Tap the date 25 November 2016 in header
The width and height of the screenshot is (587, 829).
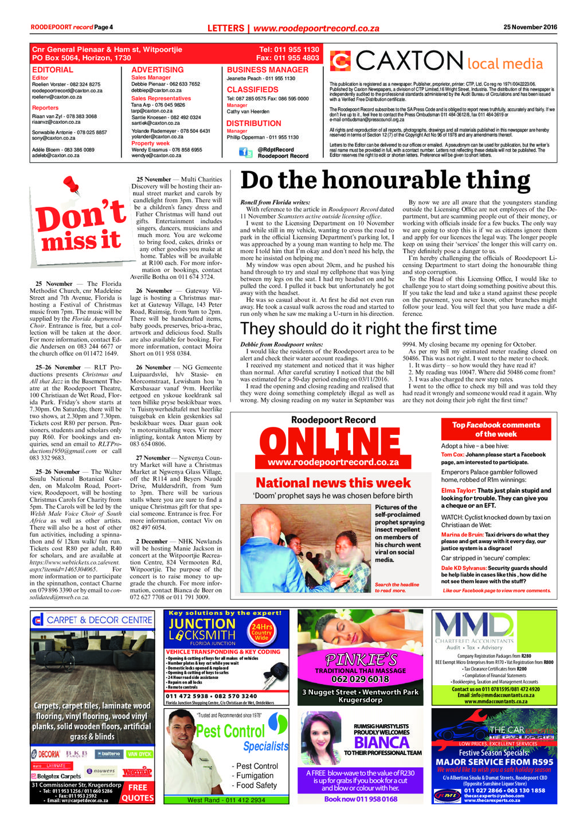tap(530, 27)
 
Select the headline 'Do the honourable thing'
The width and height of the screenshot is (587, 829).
tap(385, 180)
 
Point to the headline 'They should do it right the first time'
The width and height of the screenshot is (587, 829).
tap(368, 329)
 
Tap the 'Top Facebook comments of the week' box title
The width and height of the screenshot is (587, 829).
tap(496, 429)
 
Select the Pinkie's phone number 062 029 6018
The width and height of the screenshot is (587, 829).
tap(360, 679)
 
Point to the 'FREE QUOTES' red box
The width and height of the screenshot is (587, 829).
tap(138, 792)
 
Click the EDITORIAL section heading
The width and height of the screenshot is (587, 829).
tap(53, 70)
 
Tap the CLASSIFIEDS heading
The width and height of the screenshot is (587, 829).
tap(252, 90)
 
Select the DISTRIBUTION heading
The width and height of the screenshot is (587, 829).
tap(253, 123)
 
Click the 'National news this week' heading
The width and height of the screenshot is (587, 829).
tap(333, 483)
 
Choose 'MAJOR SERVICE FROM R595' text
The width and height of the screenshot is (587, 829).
tap(494, 762)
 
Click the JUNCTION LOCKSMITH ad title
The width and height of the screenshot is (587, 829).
tap(202, 629)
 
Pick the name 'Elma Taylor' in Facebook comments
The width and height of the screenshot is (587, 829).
tap(458, 490)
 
